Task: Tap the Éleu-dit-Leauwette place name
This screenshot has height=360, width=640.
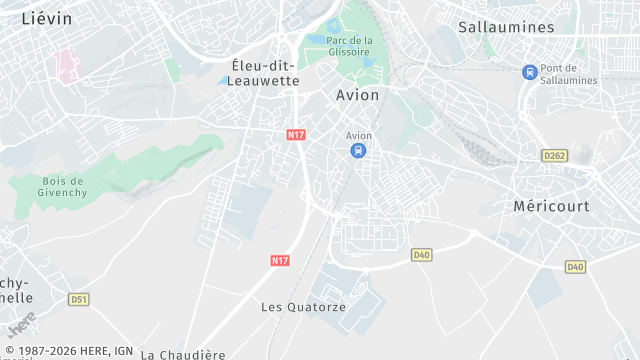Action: pos(265,73)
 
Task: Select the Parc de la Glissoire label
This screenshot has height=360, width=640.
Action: pos(349,46)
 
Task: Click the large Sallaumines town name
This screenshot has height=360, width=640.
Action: pos(506,27)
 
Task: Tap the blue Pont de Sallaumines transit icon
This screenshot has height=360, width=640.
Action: pos(529,72)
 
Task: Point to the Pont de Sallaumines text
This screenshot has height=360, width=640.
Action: pos(568,74)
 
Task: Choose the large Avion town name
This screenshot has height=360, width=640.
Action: pos(356,95)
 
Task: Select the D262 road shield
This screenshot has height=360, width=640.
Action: pos(554,155)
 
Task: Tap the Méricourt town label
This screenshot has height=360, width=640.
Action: pos(551,206)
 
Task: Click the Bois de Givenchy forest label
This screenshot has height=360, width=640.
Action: pos(63,187)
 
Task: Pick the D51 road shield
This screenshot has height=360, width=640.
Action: pos(79,299)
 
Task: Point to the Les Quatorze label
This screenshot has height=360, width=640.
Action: pos(303,307)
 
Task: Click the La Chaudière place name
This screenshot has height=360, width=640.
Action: pos(182,354)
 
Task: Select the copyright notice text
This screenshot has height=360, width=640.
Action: pos(67,351)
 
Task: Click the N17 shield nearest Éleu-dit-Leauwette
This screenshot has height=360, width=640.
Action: pos(295,134)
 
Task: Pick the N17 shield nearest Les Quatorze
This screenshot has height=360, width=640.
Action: pos(280,260)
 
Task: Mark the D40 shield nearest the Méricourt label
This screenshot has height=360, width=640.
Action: pos(575,267)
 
